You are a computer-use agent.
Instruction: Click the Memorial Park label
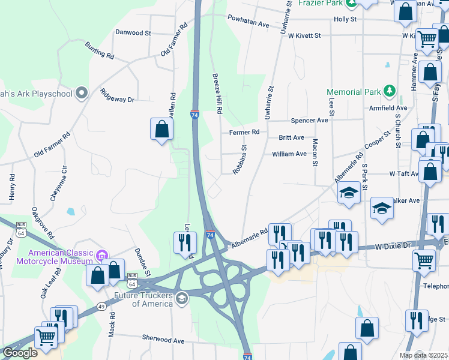[x=354, y=92]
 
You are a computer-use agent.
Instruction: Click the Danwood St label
[x=133, y=33]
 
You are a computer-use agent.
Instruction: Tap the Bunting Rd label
[x=99, y=50]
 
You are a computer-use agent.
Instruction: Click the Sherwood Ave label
[x=163, y=340]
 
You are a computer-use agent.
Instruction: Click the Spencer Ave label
[x=309, y=120]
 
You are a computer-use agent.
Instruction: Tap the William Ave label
[x=289, y=154]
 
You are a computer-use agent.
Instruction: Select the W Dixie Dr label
[x=393, y=246]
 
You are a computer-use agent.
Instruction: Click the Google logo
[x=20, y=353]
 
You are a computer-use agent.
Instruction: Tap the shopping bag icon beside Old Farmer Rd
[x=161, y=129]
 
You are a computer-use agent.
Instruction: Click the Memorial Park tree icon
[x=390, y=91]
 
